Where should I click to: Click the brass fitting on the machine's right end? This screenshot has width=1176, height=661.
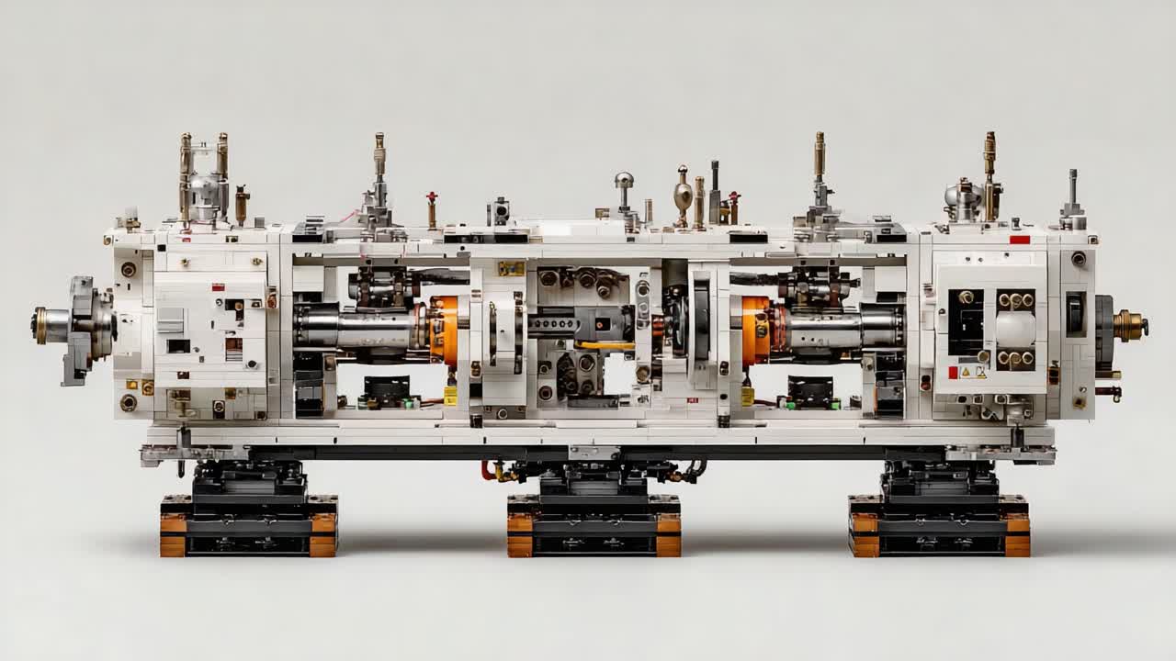click(1129, 325)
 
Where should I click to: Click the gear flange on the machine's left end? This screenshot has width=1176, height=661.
click(81, 326)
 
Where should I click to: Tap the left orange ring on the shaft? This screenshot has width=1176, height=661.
click(444, 329)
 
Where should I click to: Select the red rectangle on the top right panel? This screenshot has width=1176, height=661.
click(1019, 240)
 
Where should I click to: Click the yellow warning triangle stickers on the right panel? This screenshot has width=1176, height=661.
click(973, 372)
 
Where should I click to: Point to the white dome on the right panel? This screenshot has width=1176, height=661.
click(1015, 329)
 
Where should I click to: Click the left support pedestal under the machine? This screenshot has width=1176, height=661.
click(248, 514)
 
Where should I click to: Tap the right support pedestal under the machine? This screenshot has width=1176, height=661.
click(939, 514)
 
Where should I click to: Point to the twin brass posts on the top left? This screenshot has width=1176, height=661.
click(203, 170)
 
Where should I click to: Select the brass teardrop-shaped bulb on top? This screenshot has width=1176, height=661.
click(683, 195)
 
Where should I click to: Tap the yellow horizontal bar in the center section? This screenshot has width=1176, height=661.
click(605, 345)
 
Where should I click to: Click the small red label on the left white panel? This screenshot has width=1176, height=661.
click(218, 286)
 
